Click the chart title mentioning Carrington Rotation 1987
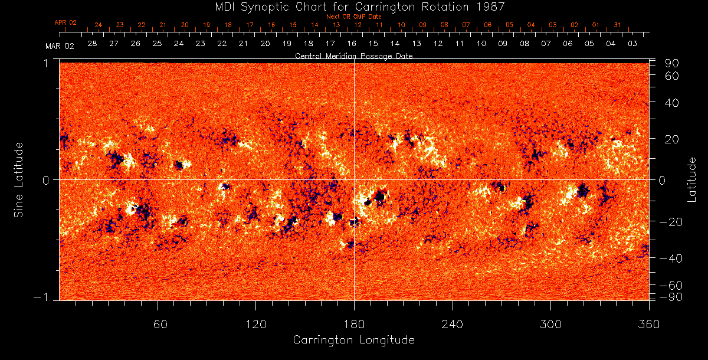coord(354,6)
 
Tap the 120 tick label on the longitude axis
coord(255,324)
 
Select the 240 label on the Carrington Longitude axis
coord(452,324)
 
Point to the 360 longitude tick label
coord(648,324)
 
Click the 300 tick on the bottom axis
coord(550,324)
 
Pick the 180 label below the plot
coord(354,324)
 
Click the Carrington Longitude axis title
coord(353,340)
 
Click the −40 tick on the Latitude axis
coord(670,258)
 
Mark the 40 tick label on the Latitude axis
coord(673,103)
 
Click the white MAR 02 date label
coord(60,46)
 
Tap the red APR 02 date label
coord(66,22)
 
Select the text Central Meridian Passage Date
coord(353,55)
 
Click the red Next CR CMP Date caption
coord(354,17)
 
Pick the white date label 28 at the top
coord(92,44)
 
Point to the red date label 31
coord(617,25)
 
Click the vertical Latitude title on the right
coord(693,179)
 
